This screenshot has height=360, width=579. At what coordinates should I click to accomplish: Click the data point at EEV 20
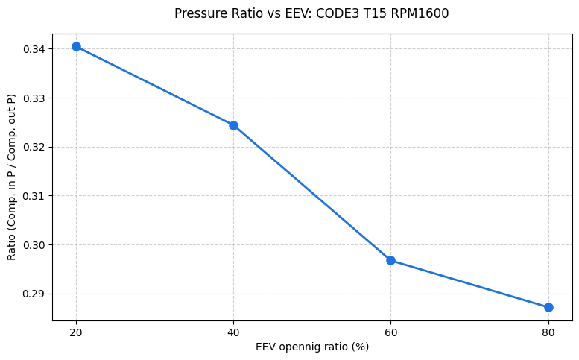(76, 46)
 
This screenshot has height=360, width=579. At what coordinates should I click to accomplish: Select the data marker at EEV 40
(233, 125)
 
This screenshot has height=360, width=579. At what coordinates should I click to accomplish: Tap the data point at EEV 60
(390, 260)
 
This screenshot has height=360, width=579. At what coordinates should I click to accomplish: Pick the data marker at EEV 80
(548, 307)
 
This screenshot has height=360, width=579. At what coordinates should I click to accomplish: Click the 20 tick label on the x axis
(76, 332)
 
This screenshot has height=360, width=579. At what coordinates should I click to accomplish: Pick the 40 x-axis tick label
(233, 332)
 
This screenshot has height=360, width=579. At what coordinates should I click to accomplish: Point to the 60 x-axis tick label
(390, 332)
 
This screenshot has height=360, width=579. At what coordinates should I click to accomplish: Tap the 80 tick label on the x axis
(548, 332)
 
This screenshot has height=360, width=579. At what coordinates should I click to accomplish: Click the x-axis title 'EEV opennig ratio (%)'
(312, 347)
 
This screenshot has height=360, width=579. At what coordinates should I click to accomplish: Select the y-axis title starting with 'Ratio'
(11, 177)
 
